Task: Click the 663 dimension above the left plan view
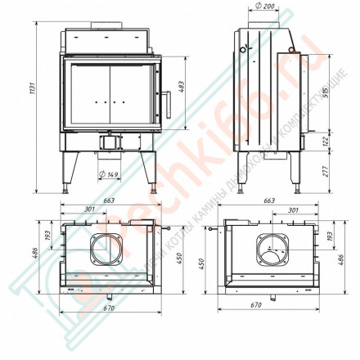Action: (x=108, y=200)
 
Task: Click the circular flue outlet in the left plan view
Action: (x=106, y=247)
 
